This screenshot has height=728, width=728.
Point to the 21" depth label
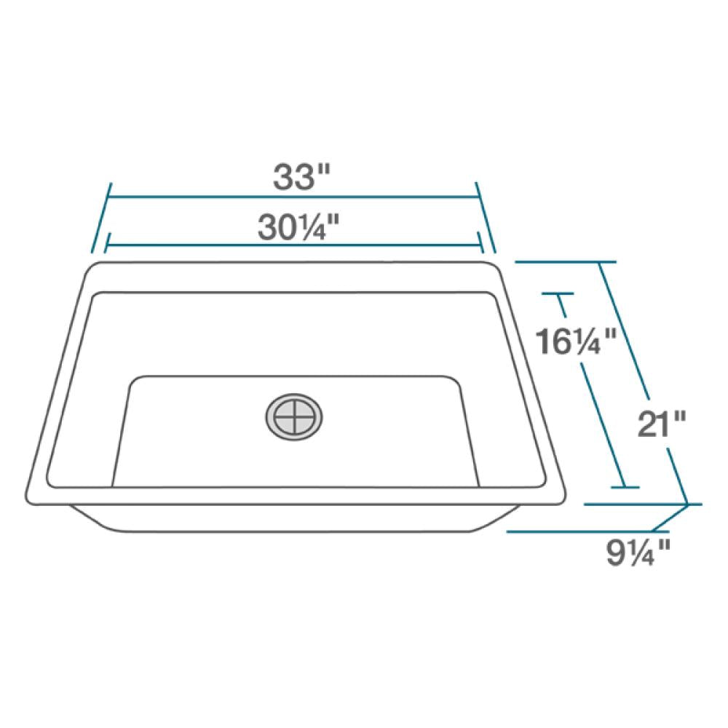pyautogui.click(x=661, y=422)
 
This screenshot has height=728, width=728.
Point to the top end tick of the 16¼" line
pyautogui.click(x=558, y=294)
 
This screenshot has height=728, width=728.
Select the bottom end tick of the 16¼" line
pyautogui.click(x=623, y=487)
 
